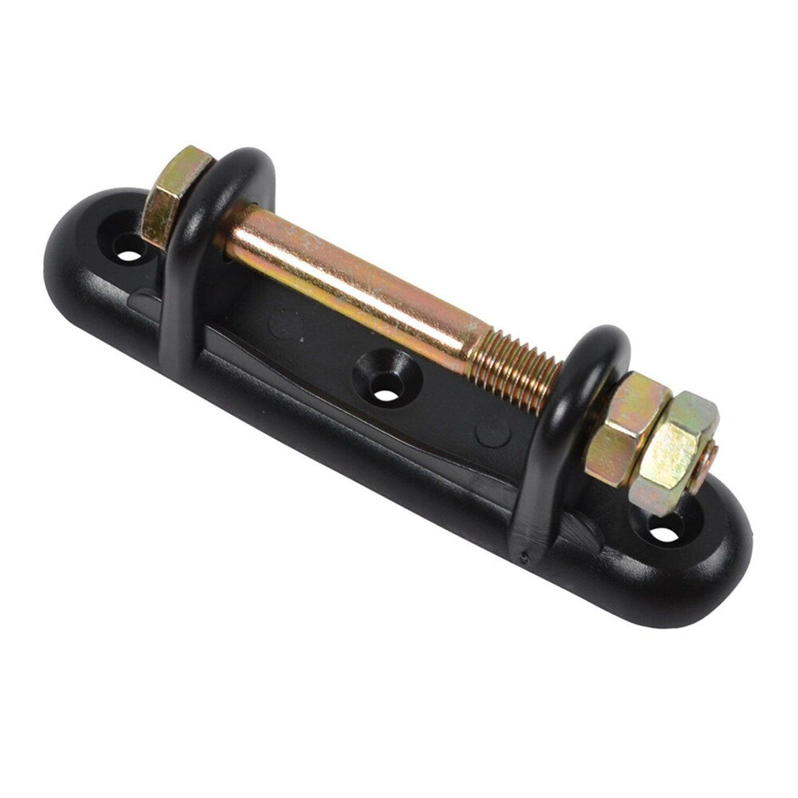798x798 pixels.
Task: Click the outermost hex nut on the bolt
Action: [x=676, y=451]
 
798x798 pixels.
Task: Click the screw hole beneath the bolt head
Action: [x=129, y=256]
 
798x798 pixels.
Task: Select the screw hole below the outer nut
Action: [x=665, y=533]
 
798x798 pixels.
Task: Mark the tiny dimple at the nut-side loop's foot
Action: [x=525, y=558]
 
